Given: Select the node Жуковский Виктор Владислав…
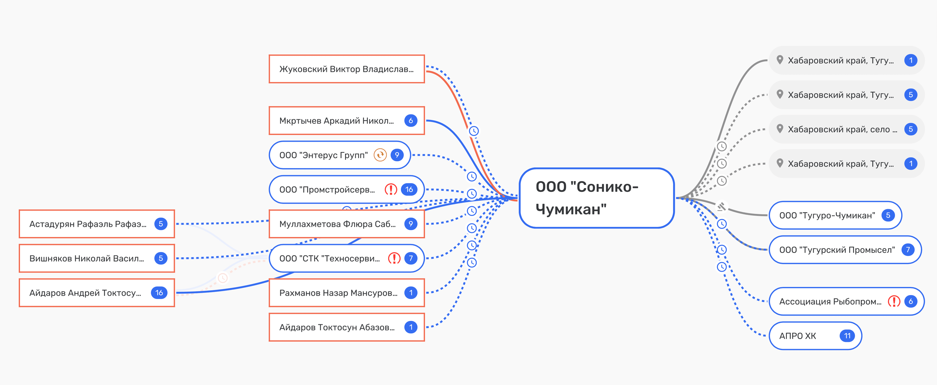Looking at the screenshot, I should coord(346,69).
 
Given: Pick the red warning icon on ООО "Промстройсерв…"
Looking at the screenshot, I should coord(391,189).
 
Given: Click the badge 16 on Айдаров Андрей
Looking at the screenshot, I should coord(159,293).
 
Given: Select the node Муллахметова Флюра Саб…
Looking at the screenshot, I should coord(337,224).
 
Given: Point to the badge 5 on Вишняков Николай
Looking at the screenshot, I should coord(160,258).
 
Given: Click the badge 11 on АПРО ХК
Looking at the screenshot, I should coord(847,335).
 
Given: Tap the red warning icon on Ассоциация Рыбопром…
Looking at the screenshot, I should coord(894,301).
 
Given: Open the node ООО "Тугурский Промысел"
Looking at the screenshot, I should coord(837,250).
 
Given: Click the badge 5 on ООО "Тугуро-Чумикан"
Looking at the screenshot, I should coord(888,215).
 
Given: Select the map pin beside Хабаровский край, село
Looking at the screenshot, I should coord(780,129).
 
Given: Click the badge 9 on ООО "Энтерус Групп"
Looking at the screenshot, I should coord(397,155).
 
